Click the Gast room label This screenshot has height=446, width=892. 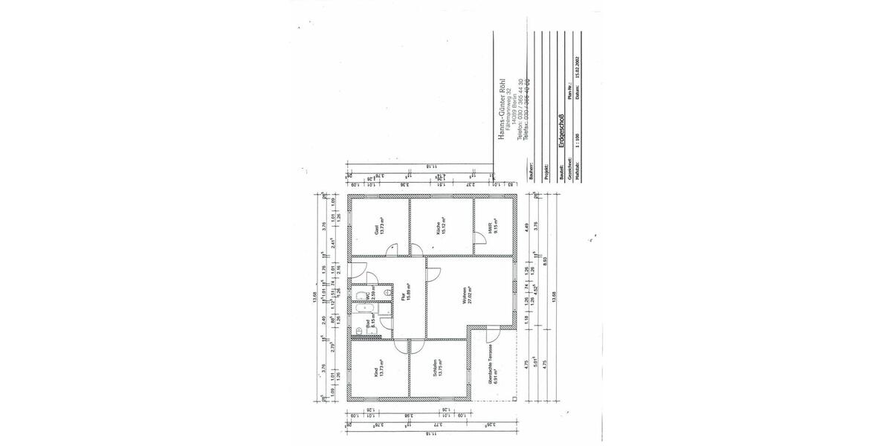[x=377, y=230]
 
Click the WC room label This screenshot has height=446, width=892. [x=366, y=295]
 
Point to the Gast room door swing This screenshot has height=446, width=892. [x=394, y=251]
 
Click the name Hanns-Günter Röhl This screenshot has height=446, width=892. [x=502, y=109]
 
